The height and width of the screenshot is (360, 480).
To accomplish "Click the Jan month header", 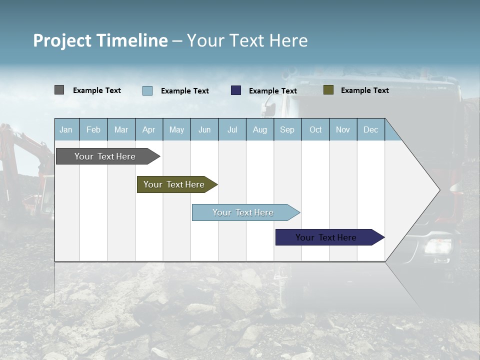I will coord(66,129).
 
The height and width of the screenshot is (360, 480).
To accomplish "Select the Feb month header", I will coord(93,129).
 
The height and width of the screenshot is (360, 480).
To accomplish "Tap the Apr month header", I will coord(149,129).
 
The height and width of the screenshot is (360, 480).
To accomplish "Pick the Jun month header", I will coord(204,129).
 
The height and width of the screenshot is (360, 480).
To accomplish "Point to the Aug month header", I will coord(260,129).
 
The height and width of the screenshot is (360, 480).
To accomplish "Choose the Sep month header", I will coord(287,129).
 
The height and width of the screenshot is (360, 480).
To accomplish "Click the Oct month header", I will coord(315,129).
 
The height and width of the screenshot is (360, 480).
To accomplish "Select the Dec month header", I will coord(371,129).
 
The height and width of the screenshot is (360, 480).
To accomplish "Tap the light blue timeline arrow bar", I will coord(243,212).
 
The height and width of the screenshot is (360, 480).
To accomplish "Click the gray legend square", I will coord(59,90).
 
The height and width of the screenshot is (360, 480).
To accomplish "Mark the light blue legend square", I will coord(147,90).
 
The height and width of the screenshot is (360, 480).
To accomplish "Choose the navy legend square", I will coord(236,90).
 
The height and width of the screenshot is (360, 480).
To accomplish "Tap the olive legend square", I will coord(328,90).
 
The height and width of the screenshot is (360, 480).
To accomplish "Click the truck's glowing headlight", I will coord(433,246).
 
